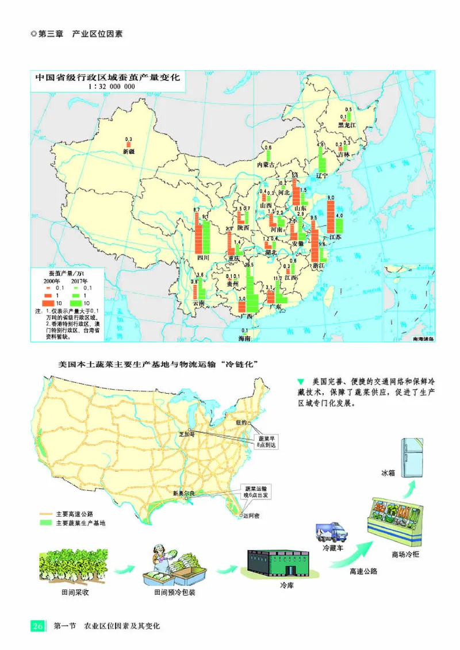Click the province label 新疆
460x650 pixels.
128,152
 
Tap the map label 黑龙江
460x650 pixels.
347,124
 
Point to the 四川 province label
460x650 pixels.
203,258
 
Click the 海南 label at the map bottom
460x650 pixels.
244,339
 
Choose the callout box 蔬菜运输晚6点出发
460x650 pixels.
252,491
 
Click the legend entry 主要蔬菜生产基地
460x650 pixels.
80,523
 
